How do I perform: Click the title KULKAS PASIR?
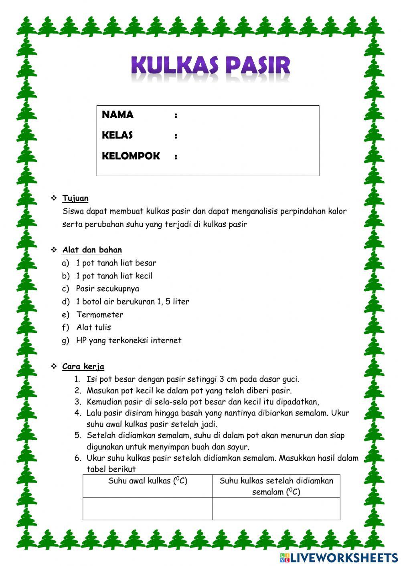pyautogui.click(x=211, y=66)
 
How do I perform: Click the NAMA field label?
pyautogui.click(x=117, y=115)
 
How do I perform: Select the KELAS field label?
pyautogui.click(x=117, y=135)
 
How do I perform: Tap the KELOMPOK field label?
pyautogui.click(x=131, y=156)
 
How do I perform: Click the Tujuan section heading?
pyautogui.click(x=75, y=198)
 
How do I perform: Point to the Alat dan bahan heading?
pyautogui.click(x=92, y=250)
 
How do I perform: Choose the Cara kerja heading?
pyautogui.click(x=83, y=367)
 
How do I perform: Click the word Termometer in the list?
pyautogui.click(x=100, y=314)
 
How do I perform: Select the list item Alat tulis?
pyautogui.click(x=94, y=327)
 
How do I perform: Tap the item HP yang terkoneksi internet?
pyautogui.click(x=129, y=340)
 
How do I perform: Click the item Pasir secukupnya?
pyautogui.click(x=107, y=289)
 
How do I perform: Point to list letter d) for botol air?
pyautogui.click(x=65, y=302)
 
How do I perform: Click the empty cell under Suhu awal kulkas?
pyautogui.click(x=148, y=509)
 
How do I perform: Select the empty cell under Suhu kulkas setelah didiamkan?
pyautogui.click(x=276, y=509)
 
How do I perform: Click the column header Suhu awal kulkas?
pyautogui.click(x=148, y=481)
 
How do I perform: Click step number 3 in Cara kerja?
pyautogui.click(x=78, y=402)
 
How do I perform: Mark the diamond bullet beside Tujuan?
pyautogui.click(x=54, y=198)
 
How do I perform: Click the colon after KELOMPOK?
pyautogui.click(x=176, y=157)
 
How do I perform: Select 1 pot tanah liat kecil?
pyautogui.click(x=114, y=276)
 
